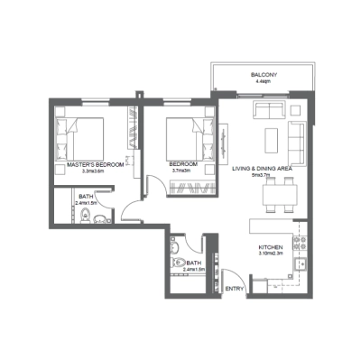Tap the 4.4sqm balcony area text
264,81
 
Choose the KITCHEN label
273,245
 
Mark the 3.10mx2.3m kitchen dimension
273,253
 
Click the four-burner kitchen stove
302,244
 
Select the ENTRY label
235,289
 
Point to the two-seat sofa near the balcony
269,111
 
